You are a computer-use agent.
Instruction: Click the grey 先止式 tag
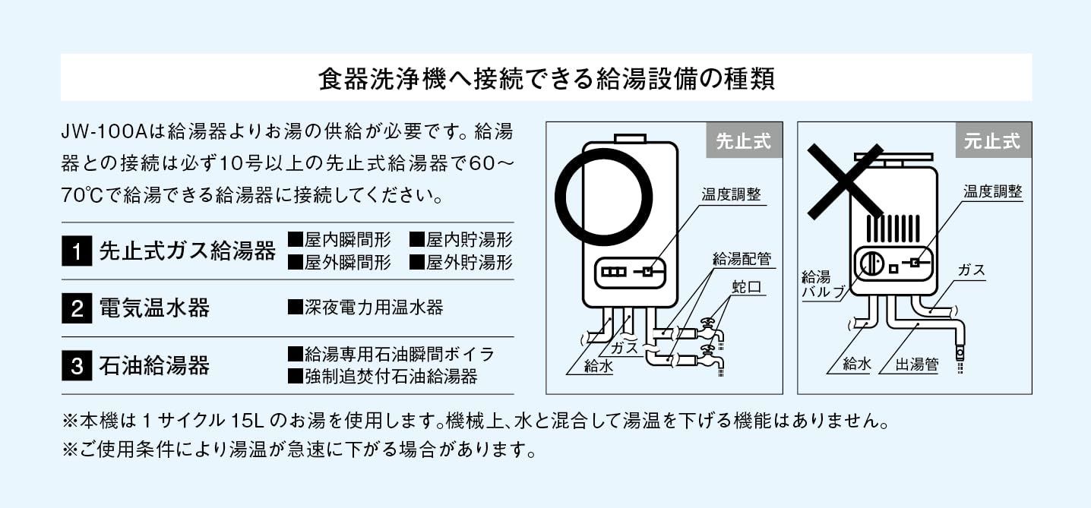pos(745,140)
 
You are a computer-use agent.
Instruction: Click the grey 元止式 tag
pos(994,140)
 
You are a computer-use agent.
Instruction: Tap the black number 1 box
pos(77,251)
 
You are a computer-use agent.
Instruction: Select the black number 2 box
pos(77,308)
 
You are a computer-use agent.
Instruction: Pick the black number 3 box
pos(77,365)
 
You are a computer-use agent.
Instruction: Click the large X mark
pos(845,181)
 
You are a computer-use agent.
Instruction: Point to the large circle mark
pos(555,197)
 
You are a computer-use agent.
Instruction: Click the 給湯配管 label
pos(742,259)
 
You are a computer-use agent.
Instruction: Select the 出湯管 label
pos(917,364)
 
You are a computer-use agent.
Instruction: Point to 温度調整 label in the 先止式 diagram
pos(731,194)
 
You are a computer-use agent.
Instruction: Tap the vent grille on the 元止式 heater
pos(893,229)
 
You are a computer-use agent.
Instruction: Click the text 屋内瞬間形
pos(340,239)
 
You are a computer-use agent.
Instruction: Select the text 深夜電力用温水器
pos(365,308)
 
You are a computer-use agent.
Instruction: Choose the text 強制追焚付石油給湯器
pos(383,377)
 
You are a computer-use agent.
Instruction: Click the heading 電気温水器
pos(154,308)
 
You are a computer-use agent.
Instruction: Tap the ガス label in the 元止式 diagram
pos(971,270)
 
